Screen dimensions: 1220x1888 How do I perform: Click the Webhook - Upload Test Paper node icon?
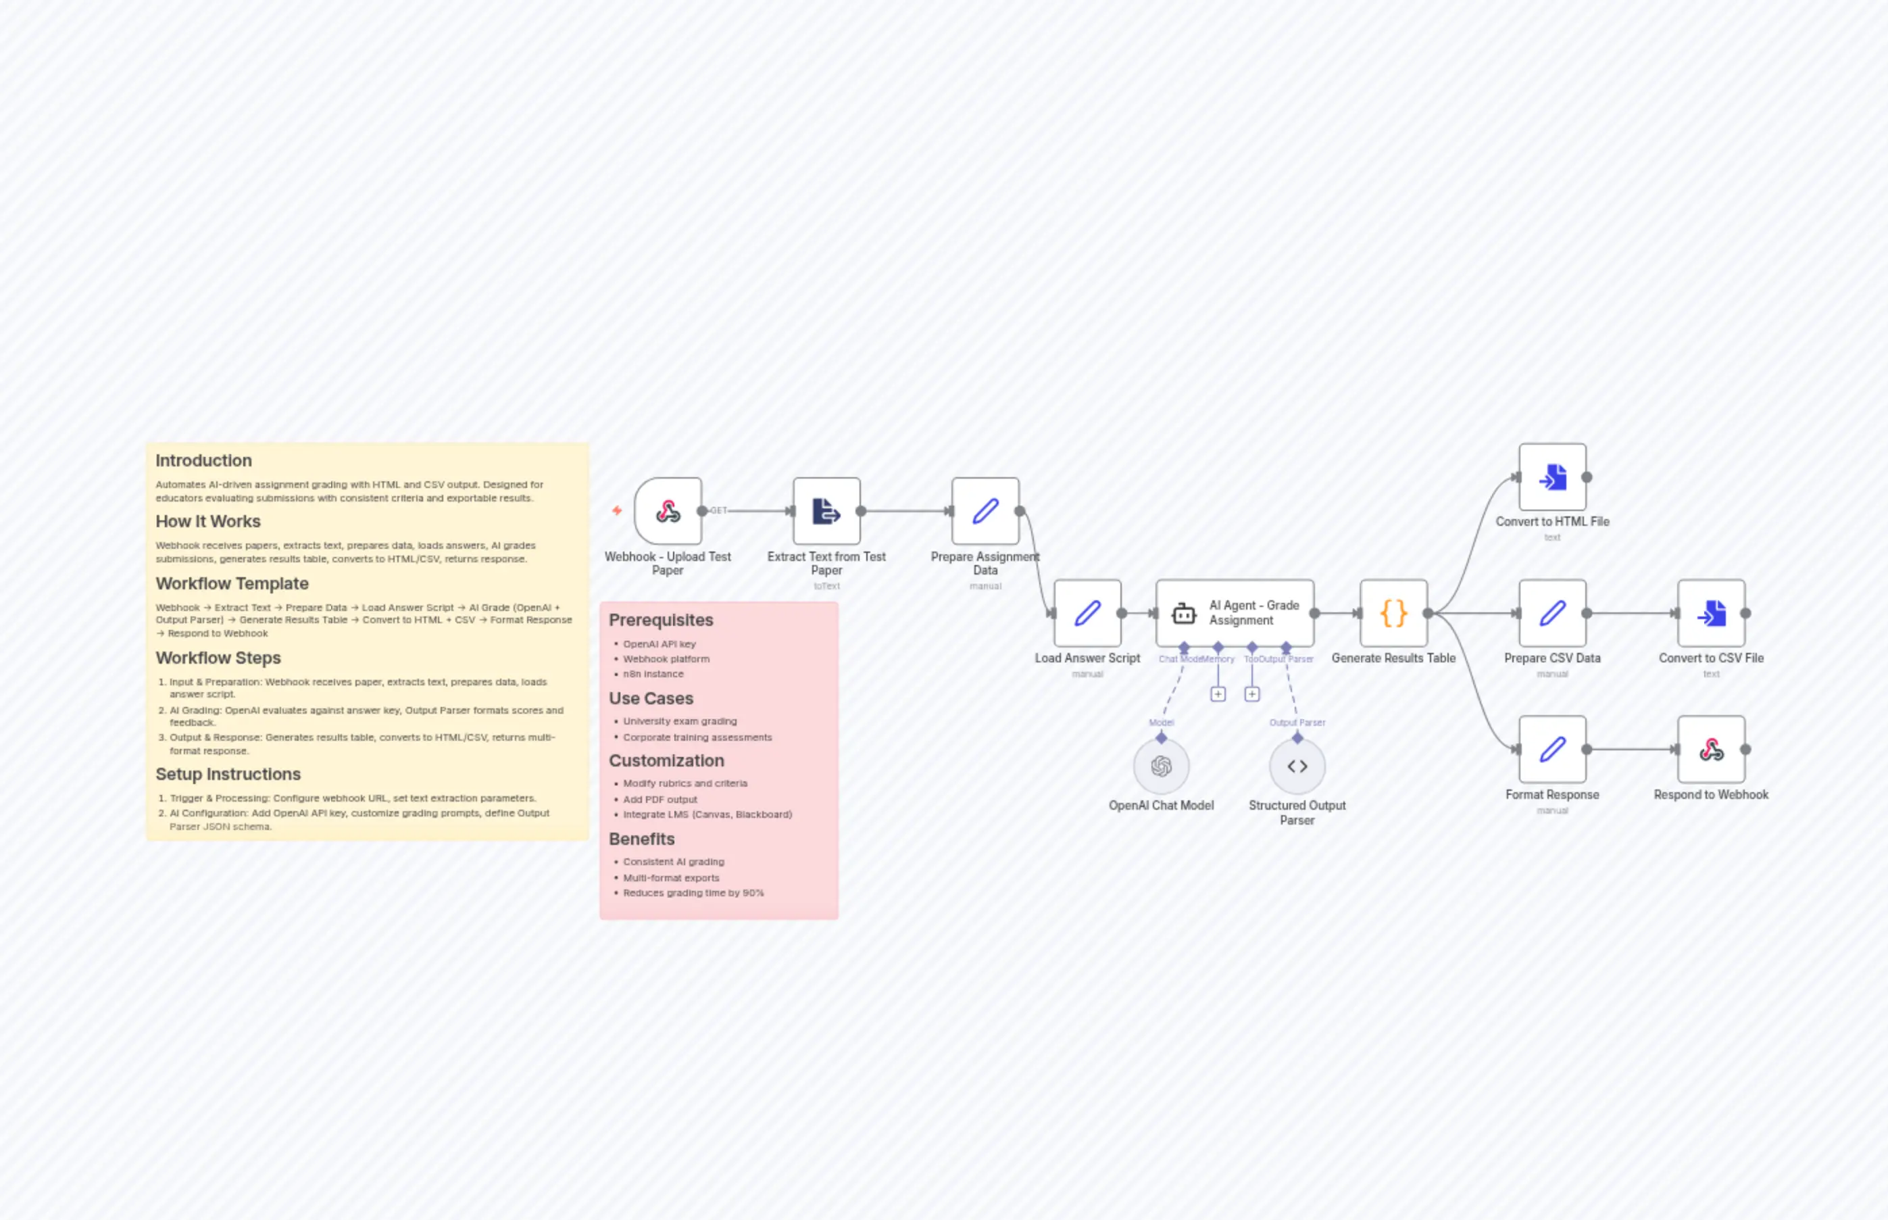coord(668,511)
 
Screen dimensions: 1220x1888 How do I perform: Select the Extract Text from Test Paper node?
coord(826,511)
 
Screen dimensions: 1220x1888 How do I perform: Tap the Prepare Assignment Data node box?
coord(985,511)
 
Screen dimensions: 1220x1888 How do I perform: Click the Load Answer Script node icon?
coord(1087,613)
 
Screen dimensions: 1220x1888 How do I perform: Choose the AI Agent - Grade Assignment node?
coord(1235,613)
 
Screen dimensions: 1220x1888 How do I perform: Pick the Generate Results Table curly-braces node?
coord(1394,613)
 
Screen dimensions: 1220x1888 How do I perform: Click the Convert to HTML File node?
coord(1552,477)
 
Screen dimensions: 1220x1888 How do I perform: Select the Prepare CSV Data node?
coord(1552,613)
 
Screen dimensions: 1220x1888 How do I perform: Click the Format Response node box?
coord(1552,750)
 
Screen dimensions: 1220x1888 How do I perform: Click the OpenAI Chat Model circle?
coord(1161,766)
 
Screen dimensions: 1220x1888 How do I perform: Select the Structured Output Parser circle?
coord(1297,766)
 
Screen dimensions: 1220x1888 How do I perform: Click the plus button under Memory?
coord(1218,694)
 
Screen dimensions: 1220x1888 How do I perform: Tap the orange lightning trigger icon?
coord(617,511)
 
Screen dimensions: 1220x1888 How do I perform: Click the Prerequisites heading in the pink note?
coord(660,620)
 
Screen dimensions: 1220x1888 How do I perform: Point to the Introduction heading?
coord(203,460)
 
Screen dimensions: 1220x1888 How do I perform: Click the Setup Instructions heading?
coord(228,774)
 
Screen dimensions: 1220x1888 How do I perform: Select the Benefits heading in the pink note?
coord(641,839)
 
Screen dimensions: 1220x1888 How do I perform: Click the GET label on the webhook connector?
coord(718,511)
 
